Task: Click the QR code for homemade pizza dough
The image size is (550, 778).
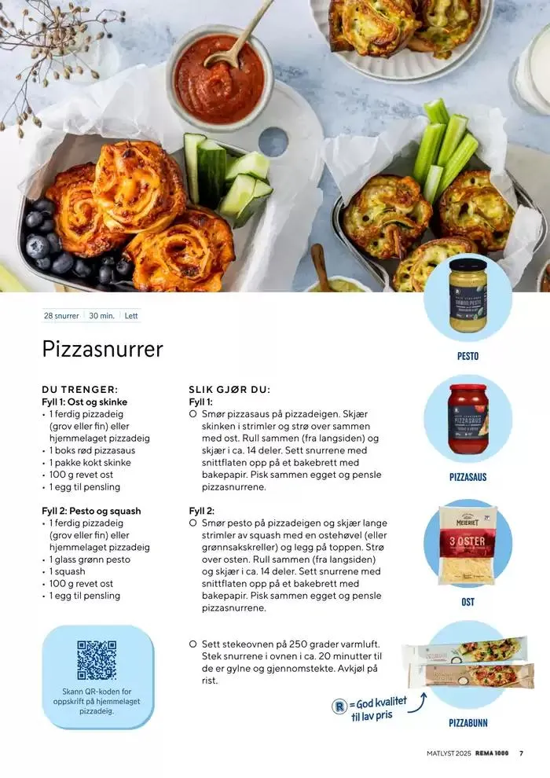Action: pyautogui.click(x=97, y=660)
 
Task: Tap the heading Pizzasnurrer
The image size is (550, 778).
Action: pyautogui.click(x=102, y=349)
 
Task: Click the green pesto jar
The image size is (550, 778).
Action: pyautogui.click(x=467, y=295)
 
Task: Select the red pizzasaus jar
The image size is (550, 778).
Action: pyautogui.click(x=467, y=419)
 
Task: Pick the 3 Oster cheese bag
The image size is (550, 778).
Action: pyautogui.click(x=467, y=545)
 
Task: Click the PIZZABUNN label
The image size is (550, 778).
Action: pyautogui.click(x=467, y=723)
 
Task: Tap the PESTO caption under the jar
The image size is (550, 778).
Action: pyautogui.click(x=467, y=356)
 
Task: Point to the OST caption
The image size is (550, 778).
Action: pyautogui.click(x=467, y=602)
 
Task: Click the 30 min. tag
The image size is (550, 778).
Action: pyautogui.click(x=101, y=316)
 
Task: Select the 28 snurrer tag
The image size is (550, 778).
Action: pyautogui.click(x=61, y=316)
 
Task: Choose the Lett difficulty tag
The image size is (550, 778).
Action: pyautogui.click(x=131, y=316)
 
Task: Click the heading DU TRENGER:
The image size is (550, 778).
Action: pyautogui.click(x=80, y=390)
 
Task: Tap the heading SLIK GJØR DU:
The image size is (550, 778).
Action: pyautogui.click(x=229, y=390)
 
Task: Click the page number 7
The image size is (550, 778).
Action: pyautogui.click(x=521, y=753)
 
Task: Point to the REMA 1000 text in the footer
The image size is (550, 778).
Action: pyautogui.click(x=492, y=753)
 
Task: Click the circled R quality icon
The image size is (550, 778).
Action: pyautogui.click(x=339, y=706)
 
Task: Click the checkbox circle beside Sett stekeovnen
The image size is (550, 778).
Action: pyautogui.click(x=193, y=644)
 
